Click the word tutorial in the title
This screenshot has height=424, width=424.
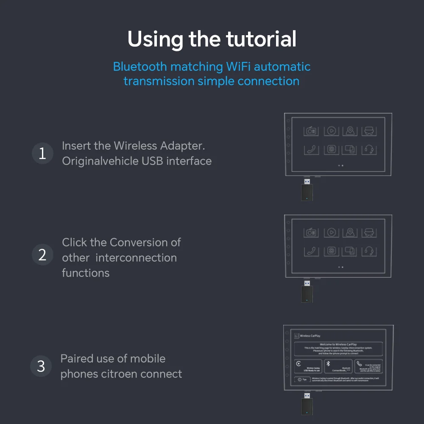coord(261,39)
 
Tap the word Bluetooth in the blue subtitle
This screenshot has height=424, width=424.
coord(140,67)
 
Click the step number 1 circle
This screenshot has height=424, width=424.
coord(42,153)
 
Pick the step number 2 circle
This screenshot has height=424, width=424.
coord(42,255)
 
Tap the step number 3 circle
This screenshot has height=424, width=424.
coord(41,366)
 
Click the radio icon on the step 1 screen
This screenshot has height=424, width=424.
coord(311,131)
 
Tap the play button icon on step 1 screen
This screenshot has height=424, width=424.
coord(332,131)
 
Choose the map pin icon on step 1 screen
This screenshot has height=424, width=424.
coord(350,131)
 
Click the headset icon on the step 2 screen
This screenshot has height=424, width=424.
coord(369,251)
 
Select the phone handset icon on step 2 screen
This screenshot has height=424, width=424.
coord(311,251)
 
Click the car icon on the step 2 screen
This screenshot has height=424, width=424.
coord(369,232)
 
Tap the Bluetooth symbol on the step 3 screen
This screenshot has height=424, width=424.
coord(328,364)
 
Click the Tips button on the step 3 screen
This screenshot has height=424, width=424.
coord(301,379)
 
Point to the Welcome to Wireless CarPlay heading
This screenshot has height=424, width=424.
coord(338,344)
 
